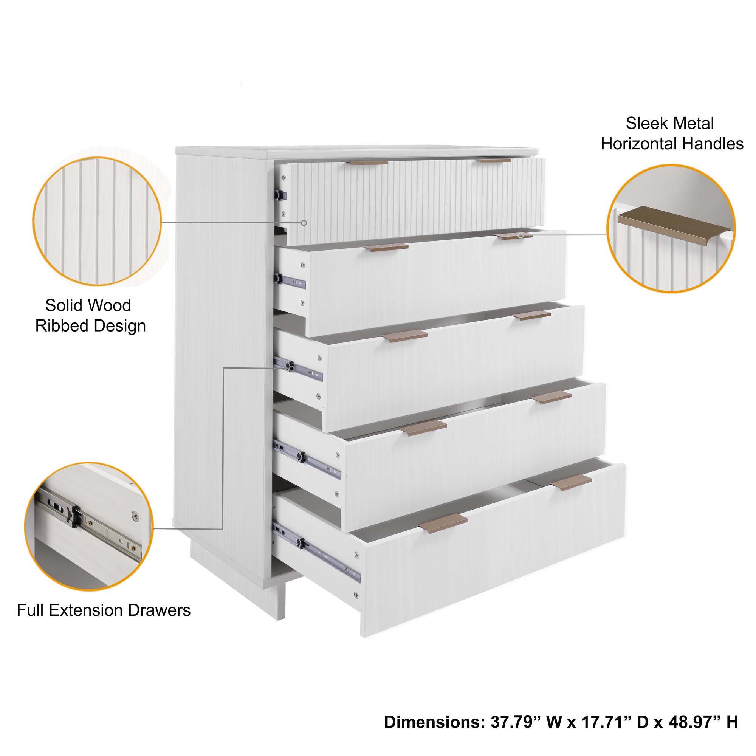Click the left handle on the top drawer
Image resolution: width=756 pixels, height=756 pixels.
click(x=369, y=163)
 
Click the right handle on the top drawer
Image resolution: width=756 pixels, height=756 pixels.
click(x=495, y=160)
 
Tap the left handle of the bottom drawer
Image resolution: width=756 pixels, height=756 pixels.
click(x=443, y=524)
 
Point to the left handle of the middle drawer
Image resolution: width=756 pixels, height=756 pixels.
click(x=404, y=335)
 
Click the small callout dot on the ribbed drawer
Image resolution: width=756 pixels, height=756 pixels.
click(x=304, y=223)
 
